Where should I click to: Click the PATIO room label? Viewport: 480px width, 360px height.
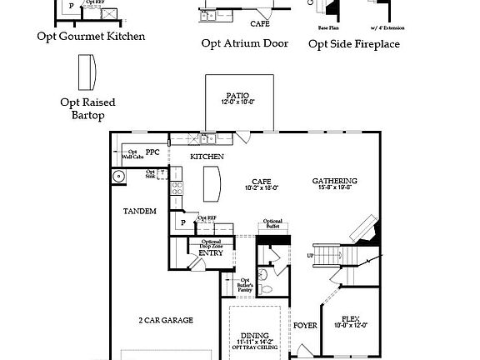(x=239, y=95)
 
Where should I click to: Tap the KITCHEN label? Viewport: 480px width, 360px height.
(x=207, y=157)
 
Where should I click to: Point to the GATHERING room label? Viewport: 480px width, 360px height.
(x=335, y=181)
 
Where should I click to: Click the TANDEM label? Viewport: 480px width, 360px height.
(x=140, y=212)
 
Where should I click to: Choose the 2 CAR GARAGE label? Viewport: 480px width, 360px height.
(x=166, y=319)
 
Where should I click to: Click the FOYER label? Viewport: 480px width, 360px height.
(x=305, y=325)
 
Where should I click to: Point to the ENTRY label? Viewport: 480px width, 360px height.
(x=210, y=252)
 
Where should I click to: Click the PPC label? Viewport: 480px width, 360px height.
(x=152, y=152)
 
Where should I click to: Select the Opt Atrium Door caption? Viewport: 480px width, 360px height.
(x=245, y=43)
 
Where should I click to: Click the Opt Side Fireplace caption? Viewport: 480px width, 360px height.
(x=354, y=42)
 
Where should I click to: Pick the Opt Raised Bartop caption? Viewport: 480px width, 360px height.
(x=87, y=108)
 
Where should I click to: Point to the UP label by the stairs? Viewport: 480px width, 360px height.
(x=311, y=255)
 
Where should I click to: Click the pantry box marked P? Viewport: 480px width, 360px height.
(x=182, y=222)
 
